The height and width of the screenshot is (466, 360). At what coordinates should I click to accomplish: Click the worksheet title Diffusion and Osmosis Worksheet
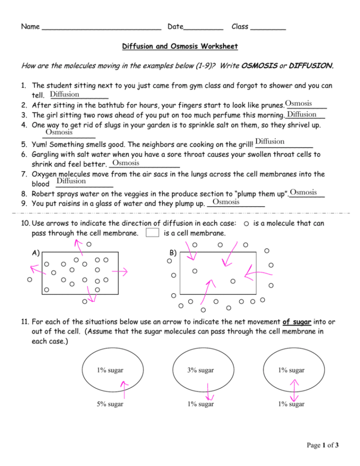[180, 47]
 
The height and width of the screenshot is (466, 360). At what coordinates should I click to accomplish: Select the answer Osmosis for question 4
[59, 132]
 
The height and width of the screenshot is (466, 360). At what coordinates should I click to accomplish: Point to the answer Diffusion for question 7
[71, 181]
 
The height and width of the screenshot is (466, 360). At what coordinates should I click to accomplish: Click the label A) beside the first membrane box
[34, 253]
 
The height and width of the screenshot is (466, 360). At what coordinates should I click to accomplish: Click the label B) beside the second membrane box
[174, 253]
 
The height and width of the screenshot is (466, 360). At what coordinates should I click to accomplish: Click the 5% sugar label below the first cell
[110, 404]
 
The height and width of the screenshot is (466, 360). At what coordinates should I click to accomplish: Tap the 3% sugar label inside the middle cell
[200, 370]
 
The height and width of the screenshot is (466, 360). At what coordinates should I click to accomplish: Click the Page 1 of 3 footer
[323, 445]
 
